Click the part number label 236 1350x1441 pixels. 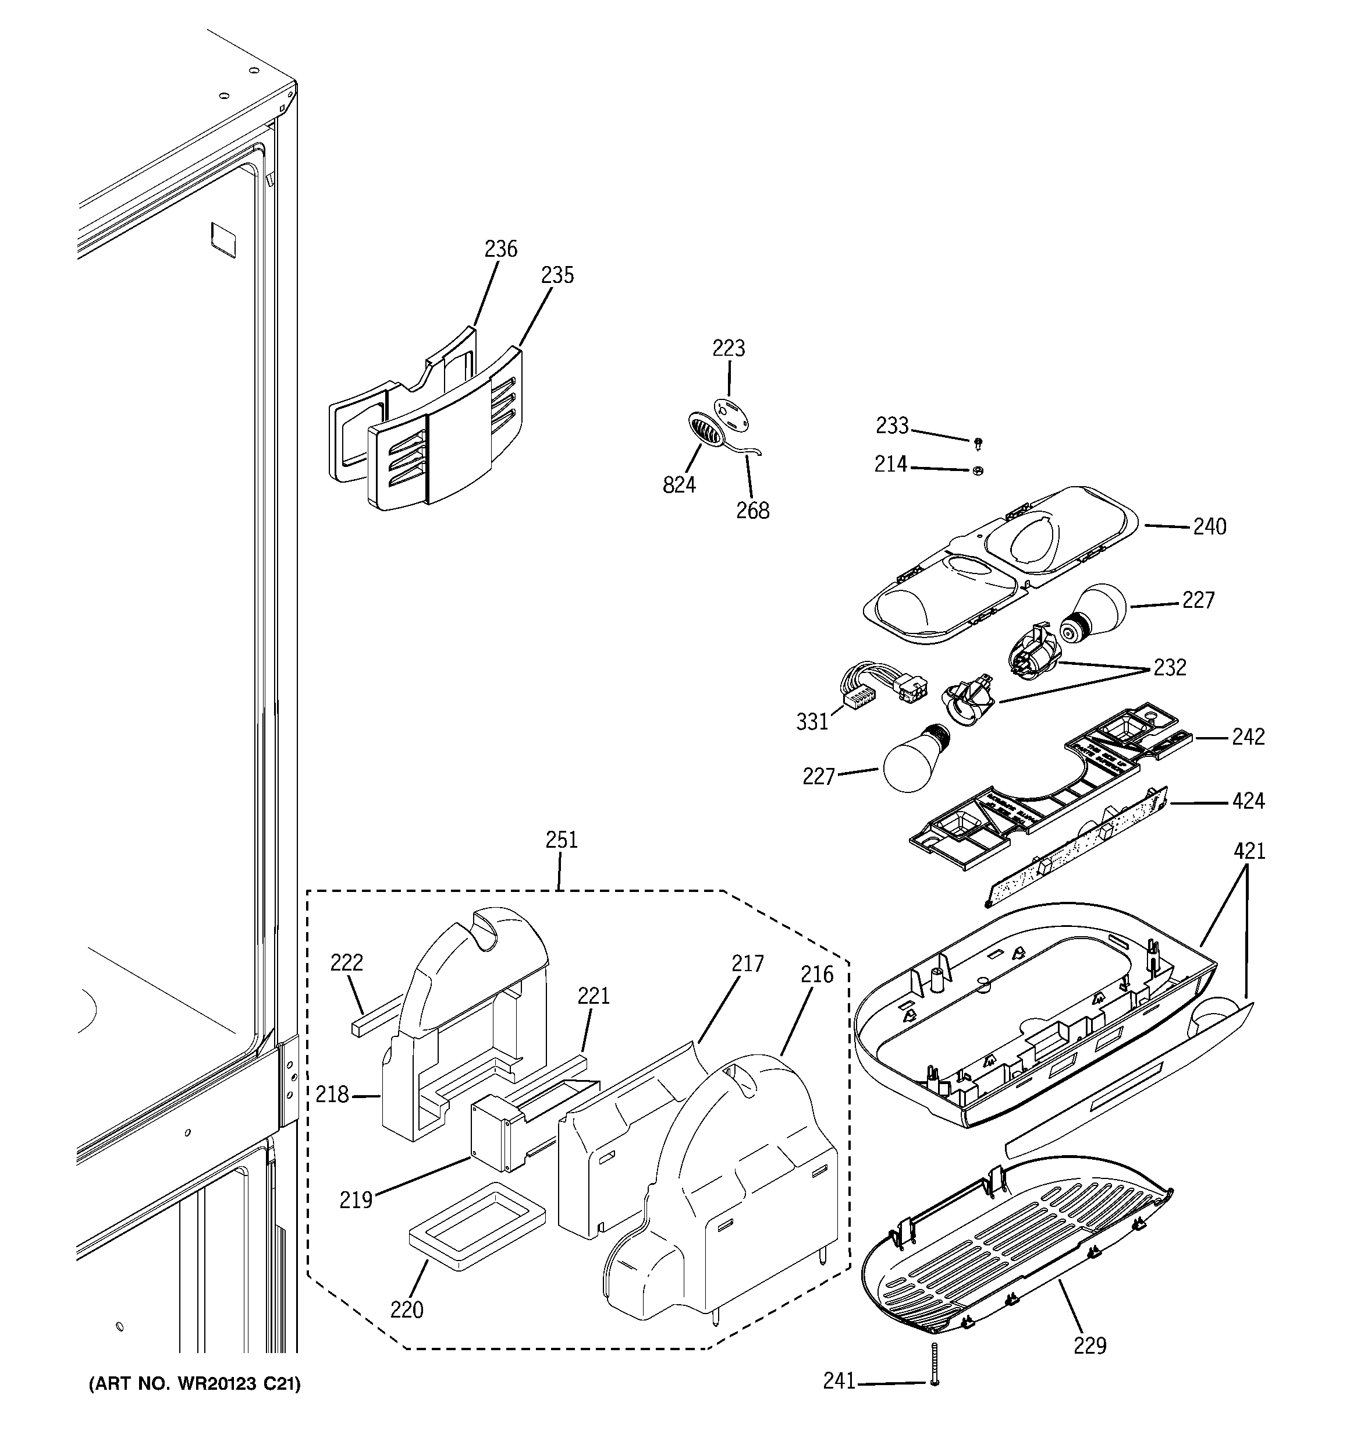click(x=501, y=249)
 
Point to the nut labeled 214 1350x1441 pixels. click(x=978, y=470)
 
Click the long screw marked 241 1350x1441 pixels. click(x=934, y=1364)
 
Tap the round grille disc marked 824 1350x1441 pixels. click(x=702, y=433)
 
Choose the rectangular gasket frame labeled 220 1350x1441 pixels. click(x=476, y=1224)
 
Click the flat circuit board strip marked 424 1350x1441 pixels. click(x=1080, y=844)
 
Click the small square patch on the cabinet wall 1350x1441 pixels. click(x=223, y=239)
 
